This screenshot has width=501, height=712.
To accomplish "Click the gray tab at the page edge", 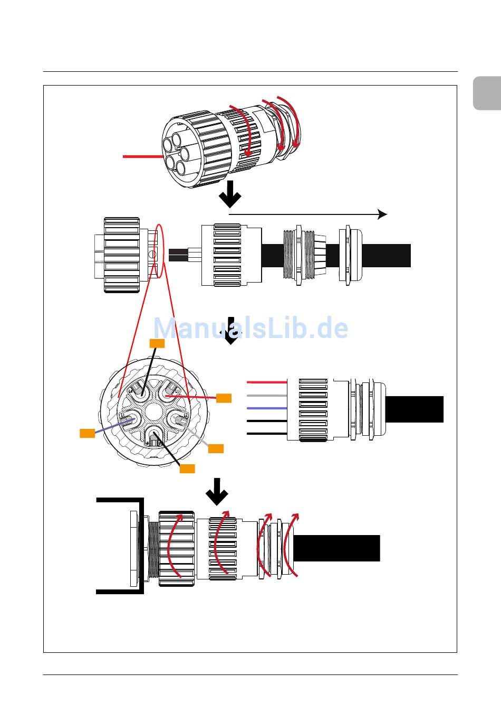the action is (x=487, y=93).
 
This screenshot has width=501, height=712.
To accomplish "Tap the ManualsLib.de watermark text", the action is (x=250, y=328).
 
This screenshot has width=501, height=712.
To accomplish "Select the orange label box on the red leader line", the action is (x=224, y=398).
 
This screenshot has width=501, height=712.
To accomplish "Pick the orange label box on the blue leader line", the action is (x=87, y=433).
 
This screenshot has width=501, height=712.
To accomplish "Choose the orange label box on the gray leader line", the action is (x=216, y=448).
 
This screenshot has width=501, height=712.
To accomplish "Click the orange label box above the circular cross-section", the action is (x=157, y=343).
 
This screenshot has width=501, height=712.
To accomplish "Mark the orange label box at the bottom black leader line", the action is (x=187, y=469).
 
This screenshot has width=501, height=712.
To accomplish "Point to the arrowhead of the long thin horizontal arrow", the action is (x=383, y=214).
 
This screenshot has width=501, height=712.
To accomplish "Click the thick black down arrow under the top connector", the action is (x=230, y=194).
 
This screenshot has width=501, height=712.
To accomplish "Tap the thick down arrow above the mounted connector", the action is (x=217, y=492).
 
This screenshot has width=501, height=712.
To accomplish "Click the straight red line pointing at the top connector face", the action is (x=143, y=156).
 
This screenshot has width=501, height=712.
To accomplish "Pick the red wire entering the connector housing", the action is (x=267, y=382).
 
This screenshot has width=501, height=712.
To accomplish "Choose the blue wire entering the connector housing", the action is (x=267, y=408).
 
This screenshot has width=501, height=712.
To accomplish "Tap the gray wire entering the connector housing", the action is (x=267, y=396).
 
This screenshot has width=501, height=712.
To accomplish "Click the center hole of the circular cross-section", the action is (x=154, y=411).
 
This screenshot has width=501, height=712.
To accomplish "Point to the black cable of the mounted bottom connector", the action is (x=336, y=548).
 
